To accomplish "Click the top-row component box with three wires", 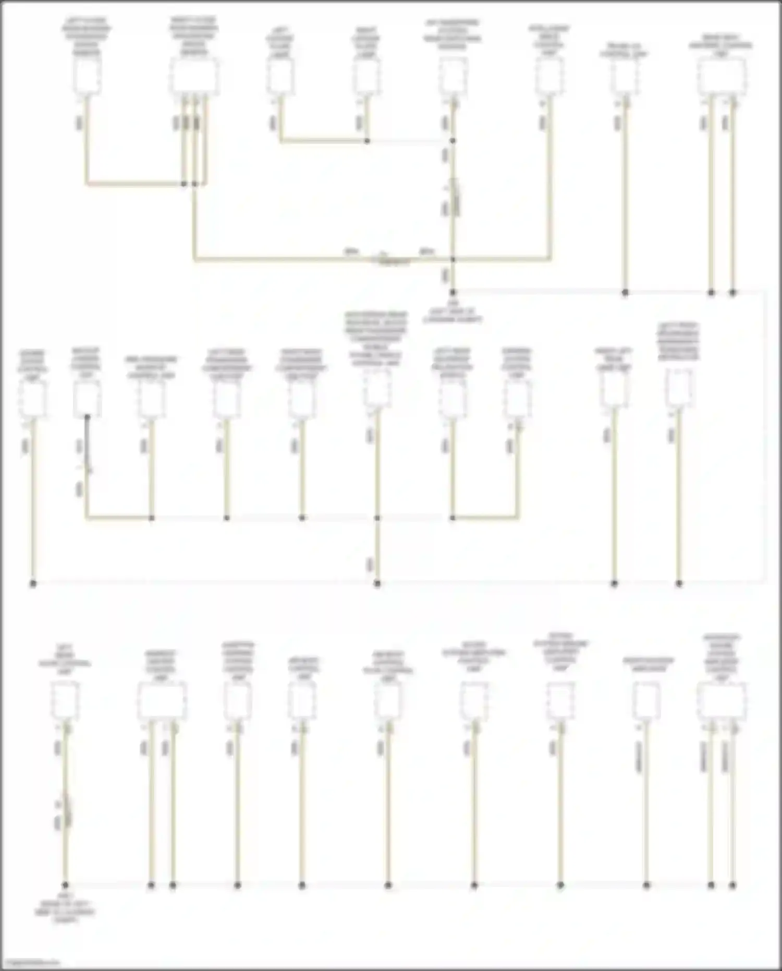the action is point(193,76).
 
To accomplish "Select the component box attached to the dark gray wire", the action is point(87,398).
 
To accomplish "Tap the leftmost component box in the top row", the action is point(87,76).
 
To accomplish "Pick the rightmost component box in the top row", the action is point(722,76).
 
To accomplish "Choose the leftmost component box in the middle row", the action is point(32,399).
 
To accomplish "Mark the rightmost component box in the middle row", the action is point(679,387).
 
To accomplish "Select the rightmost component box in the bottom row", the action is point(722,701).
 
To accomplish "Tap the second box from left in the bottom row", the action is point(162,701).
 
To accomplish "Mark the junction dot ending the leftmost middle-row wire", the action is point(32,583).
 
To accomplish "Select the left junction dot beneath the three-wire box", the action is point(184,184).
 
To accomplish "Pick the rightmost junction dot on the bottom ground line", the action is point(732,885).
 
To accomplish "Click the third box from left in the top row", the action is point(280,76).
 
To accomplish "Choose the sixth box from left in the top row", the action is point(548,76).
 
